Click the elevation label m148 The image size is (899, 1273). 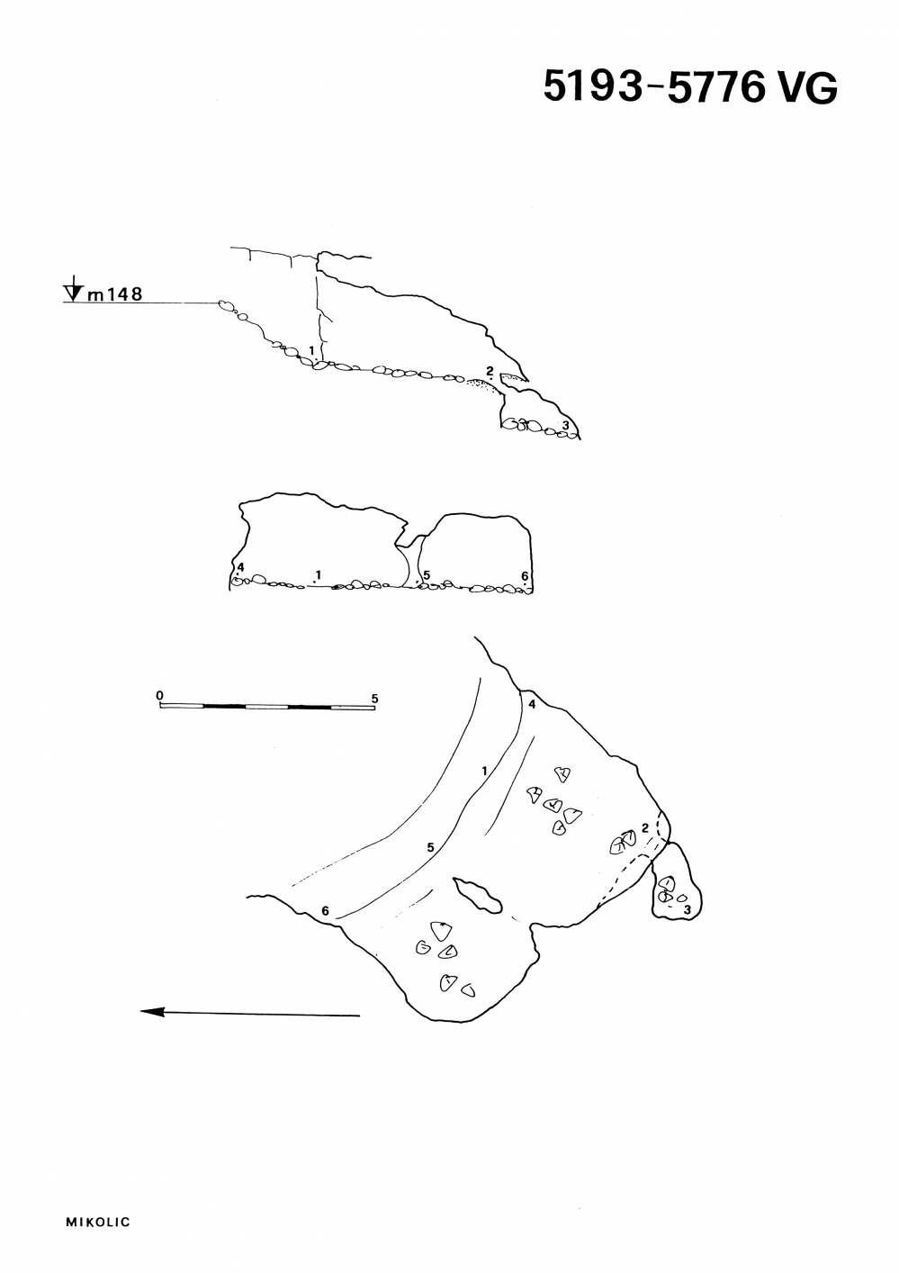point(114,293)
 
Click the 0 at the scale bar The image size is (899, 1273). point(160,696)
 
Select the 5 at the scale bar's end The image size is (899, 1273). point(374,699)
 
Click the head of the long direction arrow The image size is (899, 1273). point(152,1012)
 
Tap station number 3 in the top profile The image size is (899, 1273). point(565,425)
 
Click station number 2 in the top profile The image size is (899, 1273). point(490,371)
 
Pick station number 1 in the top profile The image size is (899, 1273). point(311,349)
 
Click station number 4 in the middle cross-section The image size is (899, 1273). point(241,567)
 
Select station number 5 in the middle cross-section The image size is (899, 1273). point(427,575)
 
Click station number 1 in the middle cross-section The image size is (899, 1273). point(319,574)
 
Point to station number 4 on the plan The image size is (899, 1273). point(532,705)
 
